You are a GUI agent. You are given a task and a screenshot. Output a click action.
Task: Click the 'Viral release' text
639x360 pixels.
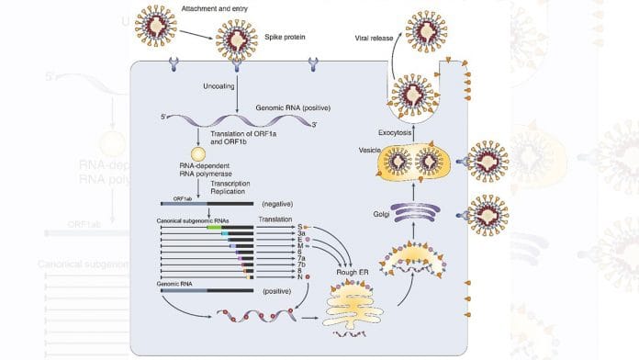point(376,38)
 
